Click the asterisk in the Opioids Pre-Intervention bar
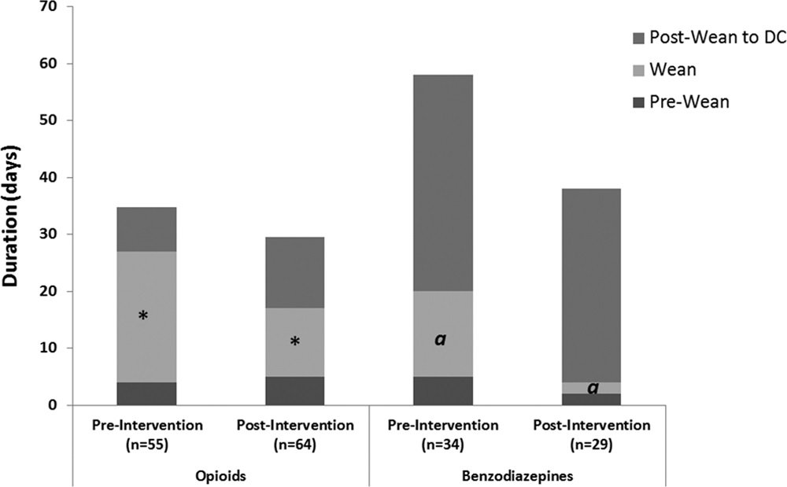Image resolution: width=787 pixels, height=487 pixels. point(143,316)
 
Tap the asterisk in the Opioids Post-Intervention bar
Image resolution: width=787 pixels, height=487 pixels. point(295,342)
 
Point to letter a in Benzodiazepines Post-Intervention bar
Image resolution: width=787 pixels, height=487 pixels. point(592,388)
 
